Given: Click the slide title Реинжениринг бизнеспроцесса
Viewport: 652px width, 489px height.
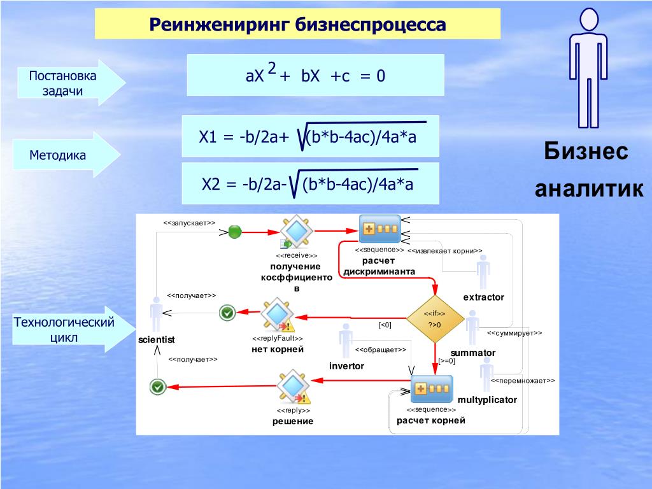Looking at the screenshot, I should (x=297, y=24).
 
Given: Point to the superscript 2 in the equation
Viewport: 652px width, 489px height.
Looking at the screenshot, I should (x=272, y=69).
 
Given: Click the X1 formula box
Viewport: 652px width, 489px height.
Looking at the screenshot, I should (x=310, y=136).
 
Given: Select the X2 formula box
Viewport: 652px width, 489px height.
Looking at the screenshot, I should (x=310, y=184).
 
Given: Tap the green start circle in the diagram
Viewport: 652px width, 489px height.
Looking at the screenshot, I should (x=235, y=232).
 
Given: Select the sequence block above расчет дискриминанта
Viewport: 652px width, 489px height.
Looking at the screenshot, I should (x=379, y=229).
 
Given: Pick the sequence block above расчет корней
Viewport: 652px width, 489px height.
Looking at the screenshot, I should (x=431, y=389).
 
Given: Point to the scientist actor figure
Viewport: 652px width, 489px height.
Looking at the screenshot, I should (x=156, y=314).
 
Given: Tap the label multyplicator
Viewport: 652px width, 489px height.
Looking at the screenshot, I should (x=487, y=400).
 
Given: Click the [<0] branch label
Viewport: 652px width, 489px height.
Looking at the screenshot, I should (x=385, y=325).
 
